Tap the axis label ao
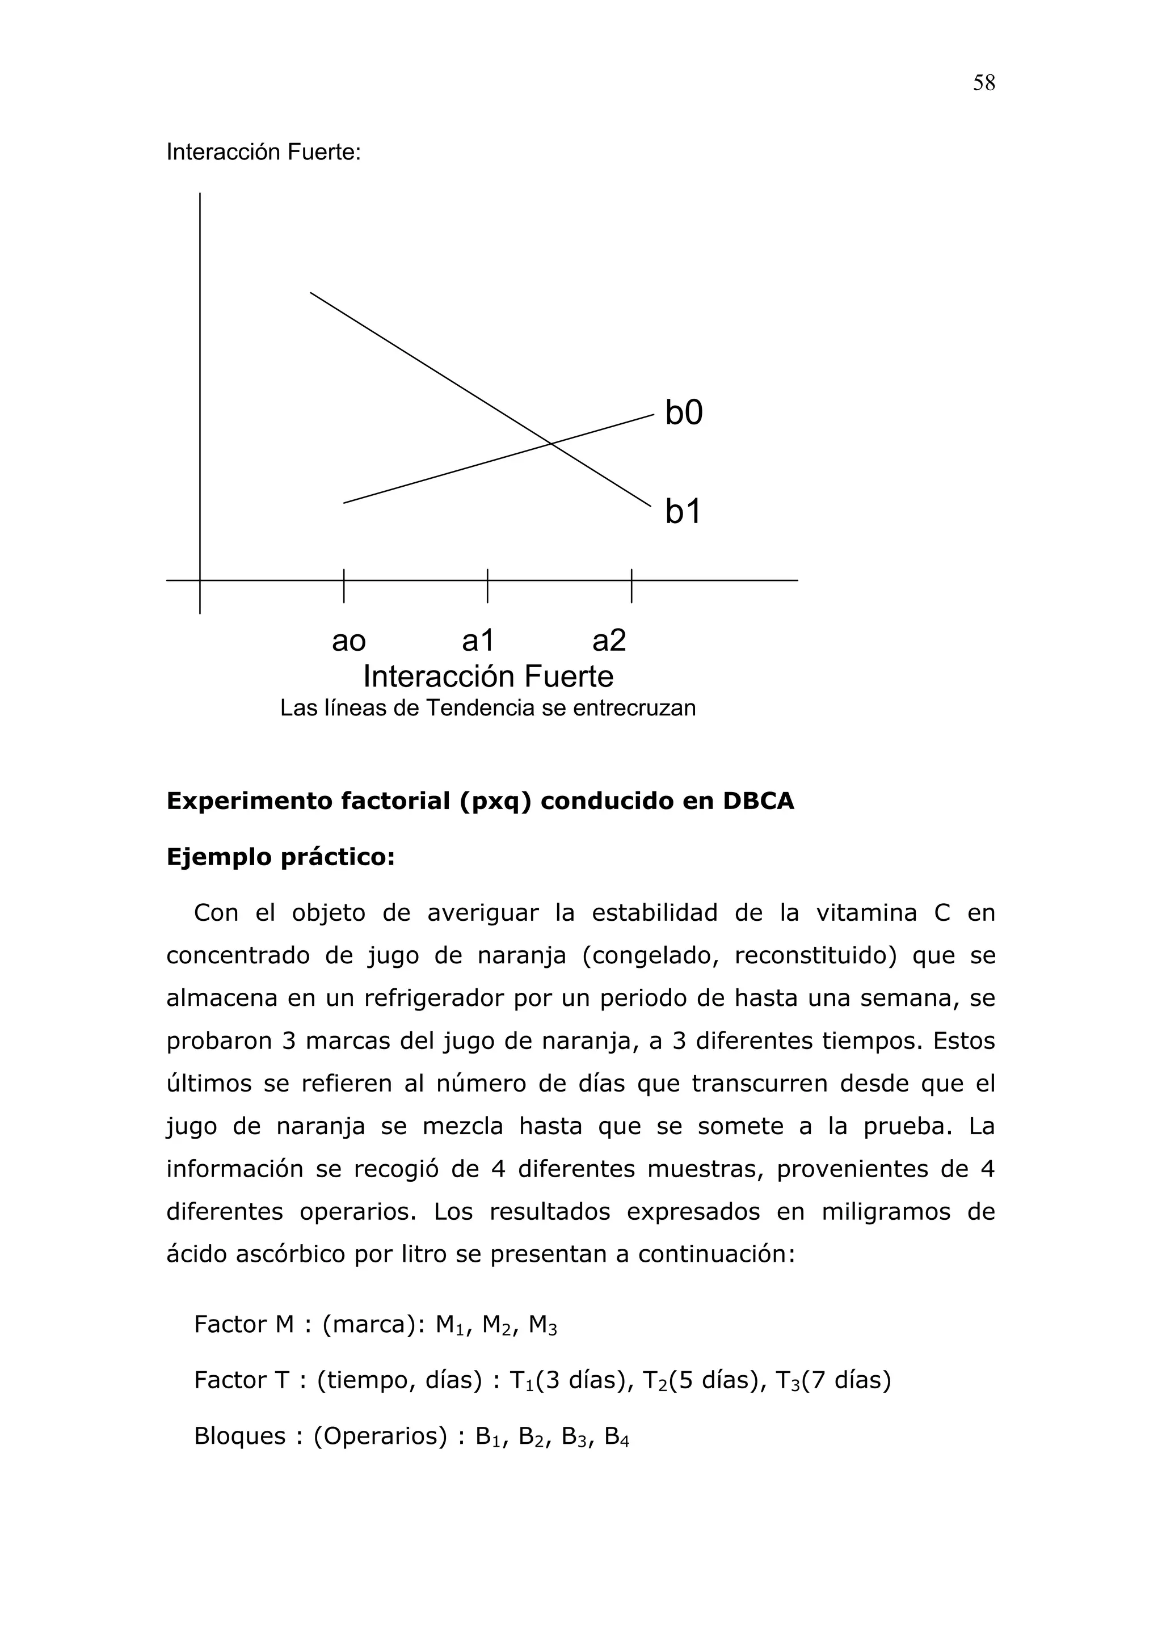point(348,641)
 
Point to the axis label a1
point(478,641)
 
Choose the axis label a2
point(609,641)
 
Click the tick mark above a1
point(487,585)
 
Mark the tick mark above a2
point(631,585)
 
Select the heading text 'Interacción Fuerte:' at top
point(263,153)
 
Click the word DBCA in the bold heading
point(759,802)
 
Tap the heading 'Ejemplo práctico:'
point(280,857)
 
